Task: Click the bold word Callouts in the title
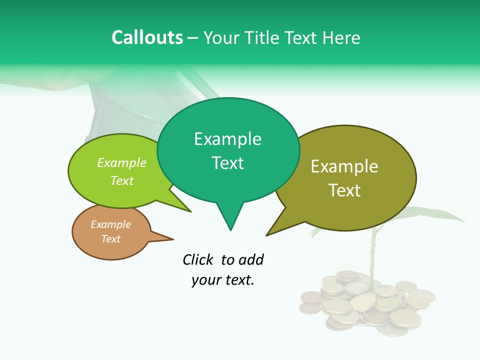click(x=147, y=37)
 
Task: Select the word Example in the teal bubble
click(x=227, y=139)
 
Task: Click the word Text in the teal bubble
click(x=227, y=163)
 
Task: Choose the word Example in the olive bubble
click(x=344, y=166)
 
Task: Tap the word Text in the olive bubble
click(x=344, y=190)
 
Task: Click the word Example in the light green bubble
click(x=122, y=163)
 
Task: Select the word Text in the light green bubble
click(x=122, y=180)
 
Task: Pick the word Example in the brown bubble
click(x=110, y=224)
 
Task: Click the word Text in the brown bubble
click(x=110, y=239)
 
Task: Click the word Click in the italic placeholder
click(x=199, y=259)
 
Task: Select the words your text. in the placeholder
click(x=223, y=280)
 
